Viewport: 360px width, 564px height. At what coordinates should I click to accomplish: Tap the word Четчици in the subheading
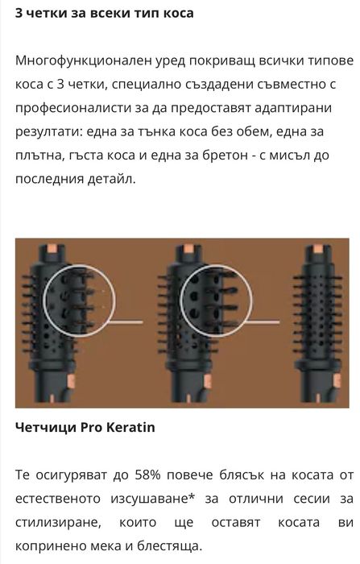click(44, 426)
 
